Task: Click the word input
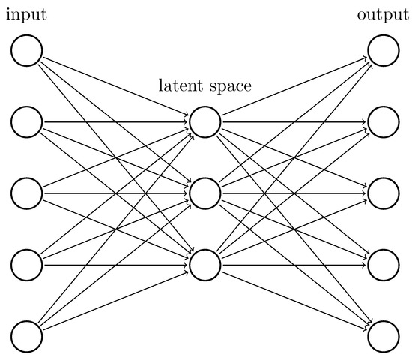(x=26, y=16)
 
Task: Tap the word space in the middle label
(x=229, y=85)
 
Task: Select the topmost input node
(x=27, y=50)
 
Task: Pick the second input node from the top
(x=27, y=121)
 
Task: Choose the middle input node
(x=27, y=193)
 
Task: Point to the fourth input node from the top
(x=27, y=264)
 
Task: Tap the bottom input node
(x=27, y=334)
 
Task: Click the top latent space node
(x=205, y=121)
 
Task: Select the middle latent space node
(x=205, y=193)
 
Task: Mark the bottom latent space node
(x=205, y=264)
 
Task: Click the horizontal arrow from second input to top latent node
(x=112, y=121)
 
